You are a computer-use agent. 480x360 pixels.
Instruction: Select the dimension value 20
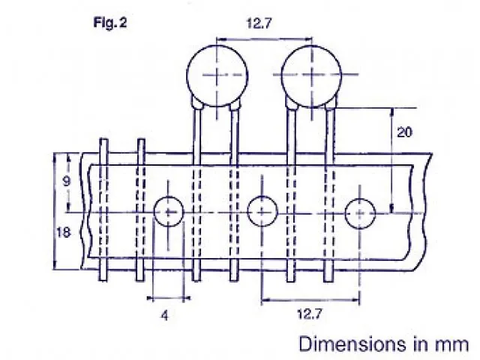[x=404, y=133]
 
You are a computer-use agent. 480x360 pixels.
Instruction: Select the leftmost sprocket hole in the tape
[x=168, y=213]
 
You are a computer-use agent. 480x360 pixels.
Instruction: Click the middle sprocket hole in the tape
[x=262, y=212]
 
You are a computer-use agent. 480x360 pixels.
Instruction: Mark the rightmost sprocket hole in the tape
[x=359, y=214]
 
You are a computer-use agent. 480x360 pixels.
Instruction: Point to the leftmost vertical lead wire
[x=103, y=210]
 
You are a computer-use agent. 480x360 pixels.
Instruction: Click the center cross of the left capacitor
[x=217, y=74]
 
